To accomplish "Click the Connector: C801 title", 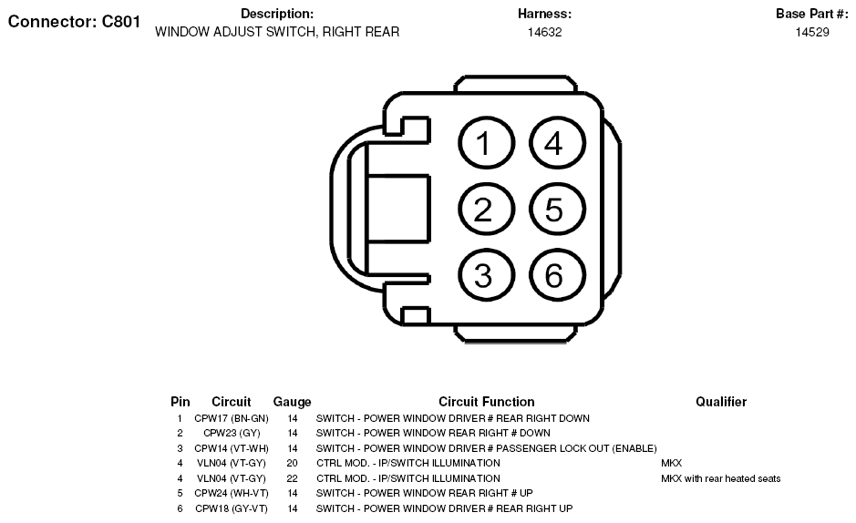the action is pyautogui.click(x=74, y=22).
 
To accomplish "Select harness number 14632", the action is pyautogui.click(x=544, y=32).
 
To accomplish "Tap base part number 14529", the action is pyautogui.click(x=811, y=32).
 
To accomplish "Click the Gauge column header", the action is pyautogui.click(x=292, y=402).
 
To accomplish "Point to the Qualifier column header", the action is pyautogui.click(x=720, y=402).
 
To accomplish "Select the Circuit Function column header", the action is pyautogui.click(x=487, y=402).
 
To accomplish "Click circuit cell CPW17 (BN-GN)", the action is pyautogui.click(x=232, y=418).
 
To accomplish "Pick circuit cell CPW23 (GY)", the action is pyautogui.click(x=232, y=433).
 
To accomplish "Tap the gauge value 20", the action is pyautogui.click(x=292, y=463).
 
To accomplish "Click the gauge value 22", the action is pyautogui.click(x=292, y=478).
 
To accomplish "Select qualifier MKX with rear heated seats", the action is pyautogui.click(x=720, y=478).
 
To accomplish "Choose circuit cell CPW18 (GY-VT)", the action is pyautogui.click(x=232, y=508).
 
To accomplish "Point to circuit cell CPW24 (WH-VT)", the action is pyautogui.click(x=232, y=493).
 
